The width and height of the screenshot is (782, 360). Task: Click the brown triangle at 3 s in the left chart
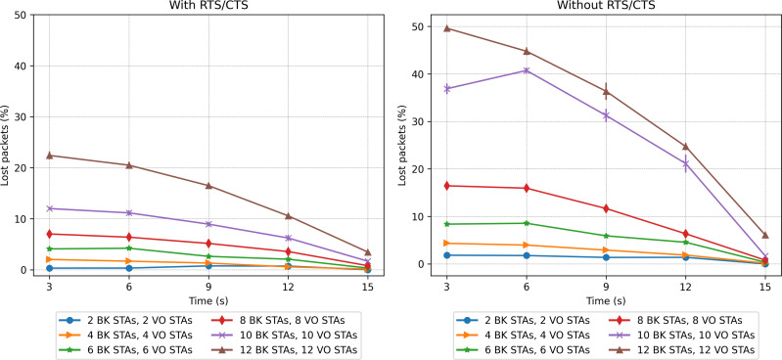coord(49,156)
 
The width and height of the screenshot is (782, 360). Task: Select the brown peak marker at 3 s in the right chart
coord(447,28)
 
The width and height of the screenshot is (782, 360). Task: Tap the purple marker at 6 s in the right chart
coord(527,70)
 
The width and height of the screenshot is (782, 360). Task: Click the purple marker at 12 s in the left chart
coord(288,238)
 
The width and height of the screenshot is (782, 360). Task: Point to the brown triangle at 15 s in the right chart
coord(765,235)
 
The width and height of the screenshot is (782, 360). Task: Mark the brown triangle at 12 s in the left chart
coord(288,216)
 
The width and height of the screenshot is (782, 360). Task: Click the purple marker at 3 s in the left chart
coord(49,208)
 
